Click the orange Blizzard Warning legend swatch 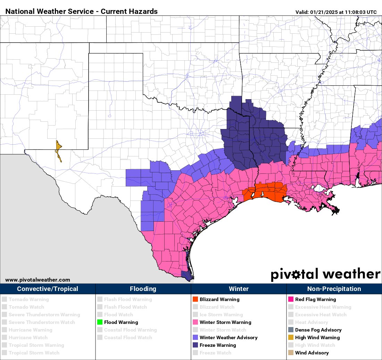pos(195,299)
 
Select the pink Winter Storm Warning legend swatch pos(195,322)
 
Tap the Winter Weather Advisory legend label pos(229,337)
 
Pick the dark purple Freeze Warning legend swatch pos(195,345)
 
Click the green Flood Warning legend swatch pos(100,322)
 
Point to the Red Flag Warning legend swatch pos(291,299)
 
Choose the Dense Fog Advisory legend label pos(318,330)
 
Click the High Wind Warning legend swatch pos(291,337)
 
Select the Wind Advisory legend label pos(312,353)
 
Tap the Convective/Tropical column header pos(48,289)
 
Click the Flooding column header pos(143,289)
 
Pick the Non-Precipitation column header pos(334,289)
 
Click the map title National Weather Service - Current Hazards pos(82,11)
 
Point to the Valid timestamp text pos(336,12)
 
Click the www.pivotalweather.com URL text pos(38,280)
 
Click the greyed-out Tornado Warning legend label pos(29,299)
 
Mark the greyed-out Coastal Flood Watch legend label pos(128,337)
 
